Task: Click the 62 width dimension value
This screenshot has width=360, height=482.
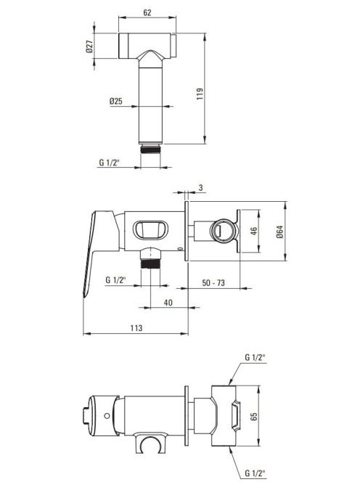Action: (147, 12)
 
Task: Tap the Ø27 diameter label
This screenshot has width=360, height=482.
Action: (89, 46)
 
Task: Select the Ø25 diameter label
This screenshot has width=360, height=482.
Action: (116, 101)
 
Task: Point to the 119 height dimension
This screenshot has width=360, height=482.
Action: (200, 94)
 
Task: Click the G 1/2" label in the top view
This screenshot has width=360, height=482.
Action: (109, 163)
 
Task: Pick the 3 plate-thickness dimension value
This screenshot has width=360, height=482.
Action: (201, 187)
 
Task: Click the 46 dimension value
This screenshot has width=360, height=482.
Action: (253, 231)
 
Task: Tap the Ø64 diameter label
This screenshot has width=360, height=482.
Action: (279, 232)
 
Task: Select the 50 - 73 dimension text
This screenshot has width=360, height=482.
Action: (213, 282)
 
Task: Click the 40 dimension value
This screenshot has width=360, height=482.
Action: (168, 303)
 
